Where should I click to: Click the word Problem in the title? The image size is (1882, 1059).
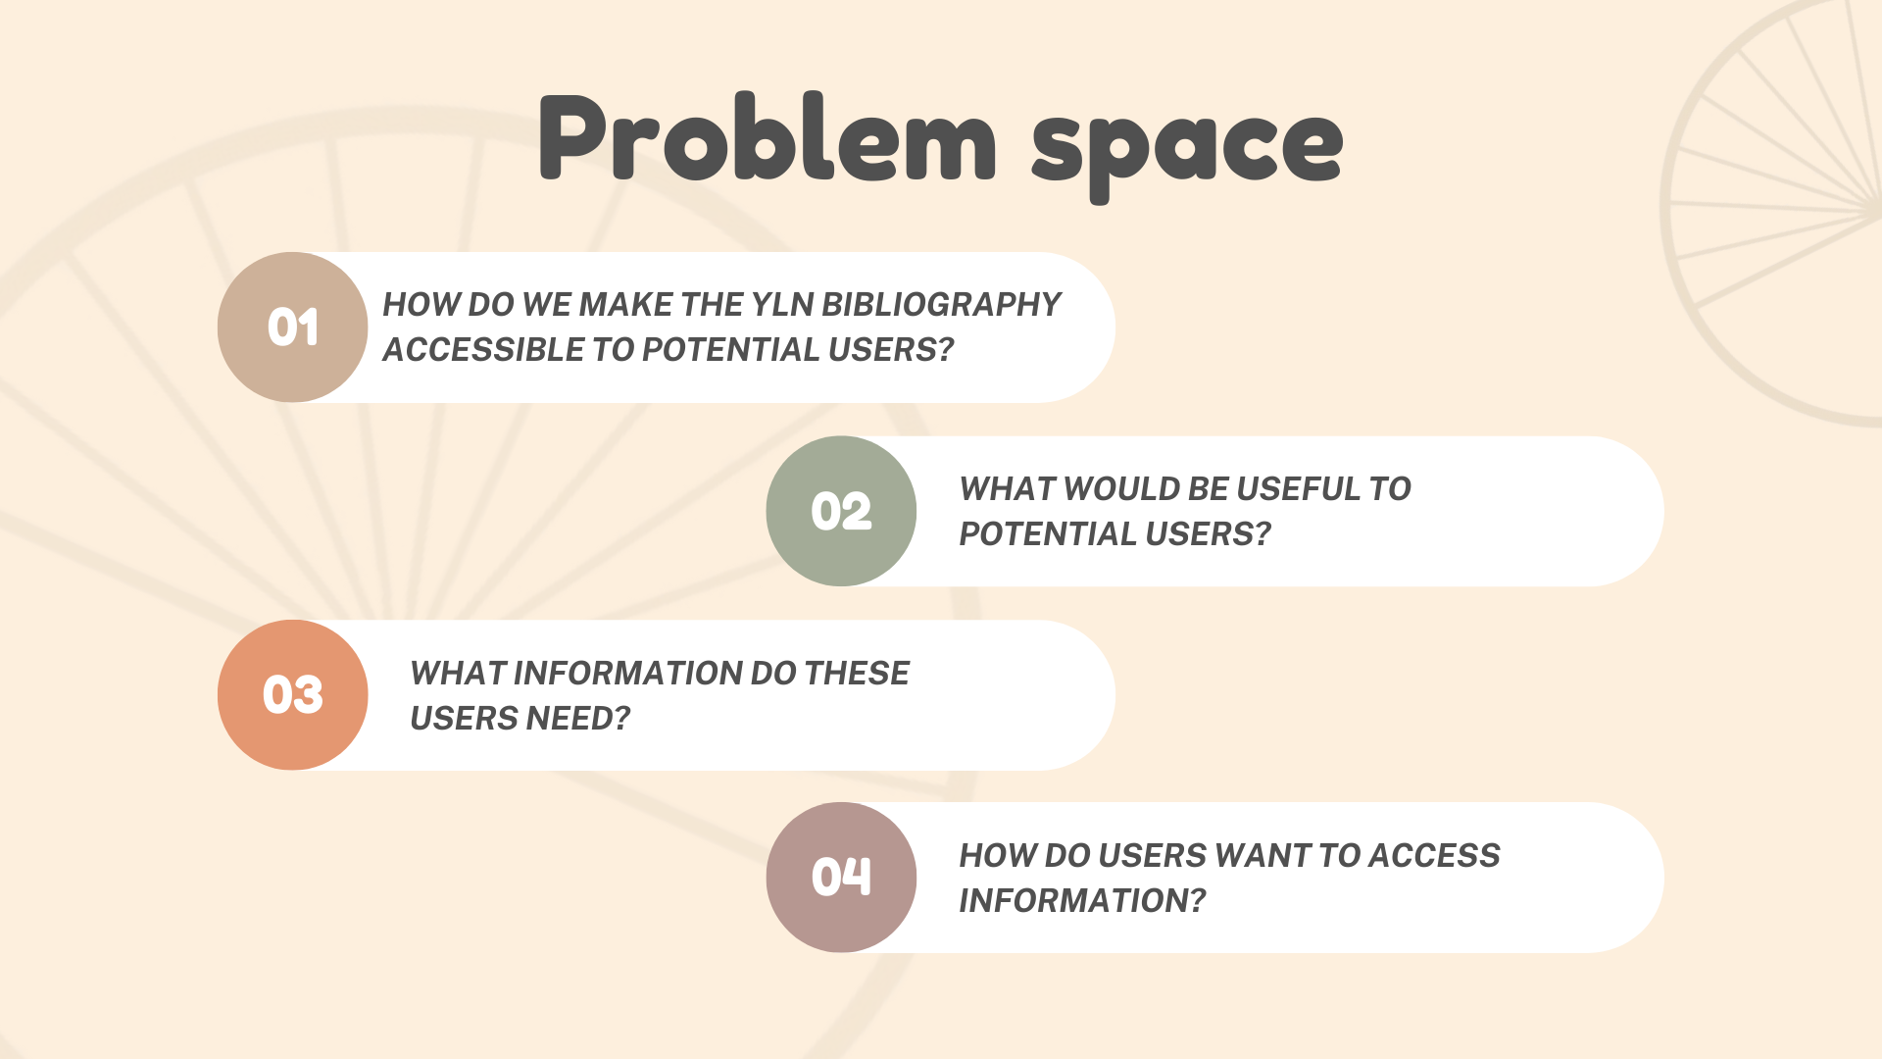pos(768,137)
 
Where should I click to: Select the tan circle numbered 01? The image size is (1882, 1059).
pos(292,328)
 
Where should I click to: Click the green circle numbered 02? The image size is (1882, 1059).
pos(841,511)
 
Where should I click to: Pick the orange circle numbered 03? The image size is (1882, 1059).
pos(292,695)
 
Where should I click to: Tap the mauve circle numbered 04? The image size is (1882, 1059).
pos(841,878)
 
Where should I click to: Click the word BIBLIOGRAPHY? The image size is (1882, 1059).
pos(941,305)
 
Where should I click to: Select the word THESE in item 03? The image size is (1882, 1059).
pos(857,674)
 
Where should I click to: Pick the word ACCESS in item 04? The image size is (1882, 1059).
pos(1434,856)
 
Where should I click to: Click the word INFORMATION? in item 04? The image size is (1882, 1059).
pos(1082,901)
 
